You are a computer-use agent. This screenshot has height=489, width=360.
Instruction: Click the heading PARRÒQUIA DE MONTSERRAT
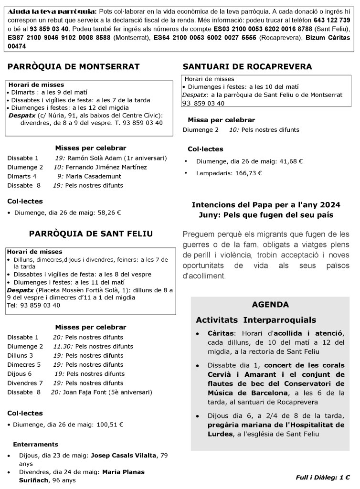tap(74, 66)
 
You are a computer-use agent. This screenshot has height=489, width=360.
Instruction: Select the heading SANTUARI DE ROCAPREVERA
tap(247, 66)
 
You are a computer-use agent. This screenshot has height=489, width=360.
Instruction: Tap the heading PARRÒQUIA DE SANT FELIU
tap(91, 234)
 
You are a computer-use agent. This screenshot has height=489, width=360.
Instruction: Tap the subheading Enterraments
tap(36, 444)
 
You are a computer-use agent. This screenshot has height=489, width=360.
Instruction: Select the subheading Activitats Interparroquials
tap(255, 320)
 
